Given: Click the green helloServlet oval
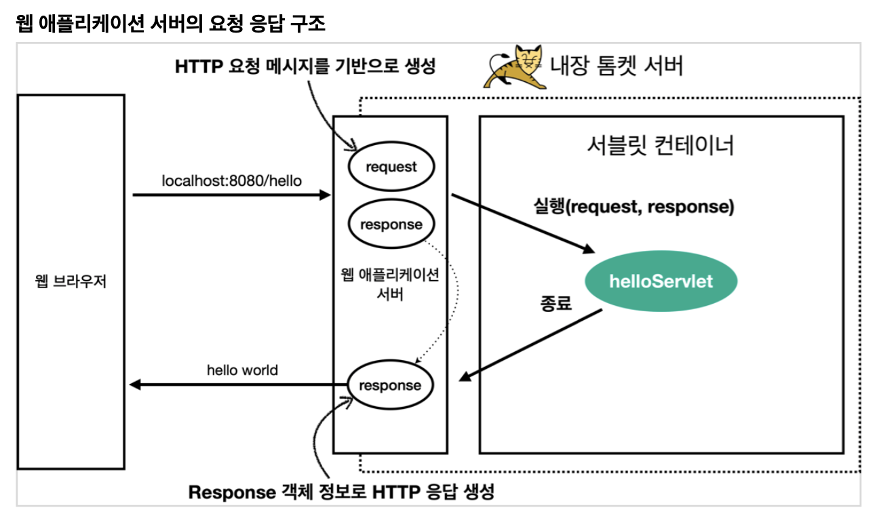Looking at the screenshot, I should (661, 281).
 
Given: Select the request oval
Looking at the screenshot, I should (391, 167).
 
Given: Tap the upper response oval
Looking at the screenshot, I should (391, 224).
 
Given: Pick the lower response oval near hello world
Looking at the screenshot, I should (390, 385).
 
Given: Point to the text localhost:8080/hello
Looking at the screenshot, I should (231, 181).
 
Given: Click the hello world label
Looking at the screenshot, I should (242, 370).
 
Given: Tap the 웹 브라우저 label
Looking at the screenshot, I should (71, 281).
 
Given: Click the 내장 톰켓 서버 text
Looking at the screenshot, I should (616, 66).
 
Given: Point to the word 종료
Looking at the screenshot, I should (556, 302).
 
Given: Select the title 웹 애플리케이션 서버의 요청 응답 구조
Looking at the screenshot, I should (170, 24).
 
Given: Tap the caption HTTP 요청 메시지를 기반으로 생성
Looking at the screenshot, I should (305, 66).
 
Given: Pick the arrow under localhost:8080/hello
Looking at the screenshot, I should (231, 195).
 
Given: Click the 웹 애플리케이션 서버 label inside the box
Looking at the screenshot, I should (390, 285).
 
